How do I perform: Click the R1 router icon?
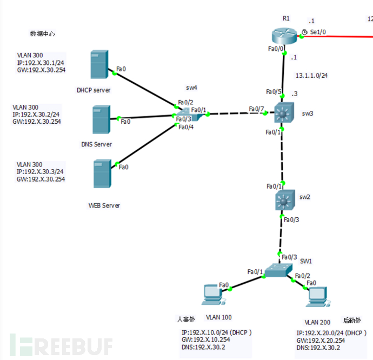[284, 37]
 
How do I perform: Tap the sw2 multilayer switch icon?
[284, 201]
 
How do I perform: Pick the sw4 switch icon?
[184, 115]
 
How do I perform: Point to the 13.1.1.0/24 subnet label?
[311, 76]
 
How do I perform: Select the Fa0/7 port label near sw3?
[256, 109]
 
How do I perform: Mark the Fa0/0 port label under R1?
[277, 49]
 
